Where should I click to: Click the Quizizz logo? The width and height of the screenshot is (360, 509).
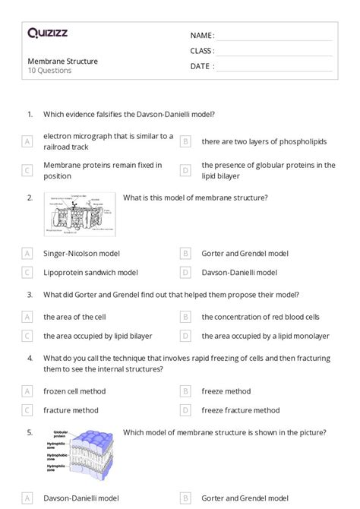(48, 33)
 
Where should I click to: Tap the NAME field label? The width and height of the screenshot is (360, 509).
(202, 36)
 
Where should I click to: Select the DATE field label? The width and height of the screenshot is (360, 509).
(202, 66)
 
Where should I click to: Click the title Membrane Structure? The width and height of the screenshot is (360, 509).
(62, 61)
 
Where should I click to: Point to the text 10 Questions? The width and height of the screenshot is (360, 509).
(49, 71)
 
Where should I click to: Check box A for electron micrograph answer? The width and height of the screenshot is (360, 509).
(27, 141)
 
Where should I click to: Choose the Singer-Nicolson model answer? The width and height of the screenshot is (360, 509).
(81, 253)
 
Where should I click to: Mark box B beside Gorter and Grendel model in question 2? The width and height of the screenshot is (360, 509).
(185, 253)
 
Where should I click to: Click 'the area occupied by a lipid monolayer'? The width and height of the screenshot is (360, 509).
(265, 335)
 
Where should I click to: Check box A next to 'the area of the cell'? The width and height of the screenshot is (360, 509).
(27, 317)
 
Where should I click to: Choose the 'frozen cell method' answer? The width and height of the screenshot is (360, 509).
(74, 391)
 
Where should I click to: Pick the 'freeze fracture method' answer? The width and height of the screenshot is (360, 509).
(240, 410)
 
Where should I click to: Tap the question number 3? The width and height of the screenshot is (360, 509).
(30, 295)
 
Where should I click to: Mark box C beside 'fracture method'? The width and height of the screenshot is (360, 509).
(27, 410)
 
